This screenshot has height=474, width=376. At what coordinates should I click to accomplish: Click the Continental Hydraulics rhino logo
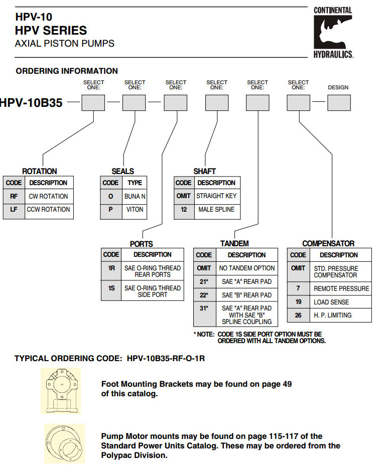[x=333, y=32]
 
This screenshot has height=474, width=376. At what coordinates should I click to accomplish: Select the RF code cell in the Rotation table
[x=14, y=196]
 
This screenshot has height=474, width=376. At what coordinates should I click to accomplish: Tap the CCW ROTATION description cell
[x=48, y=209]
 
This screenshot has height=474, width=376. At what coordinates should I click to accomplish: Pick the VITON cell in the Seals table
[x=135, y=210]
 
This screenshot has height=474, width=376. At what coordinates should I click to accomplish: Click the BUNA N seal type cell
[x=135, y=196]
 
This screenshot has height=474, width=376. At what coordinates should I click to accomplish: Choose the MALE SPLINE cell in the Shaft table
[x=216, y=209]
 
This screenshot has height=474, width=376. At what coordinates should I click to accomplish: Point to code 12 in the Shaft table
[x=184, y=209]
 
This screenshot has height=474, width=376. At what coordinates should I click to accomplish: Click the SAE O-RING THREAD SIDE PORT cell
[x=152, y=291]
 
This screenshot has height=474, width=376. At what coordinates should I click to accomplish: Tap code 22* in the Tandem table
[x=204, y=295]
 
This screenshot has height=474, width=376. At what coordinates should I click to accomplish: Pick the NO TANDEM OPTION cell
[x=246, y=268]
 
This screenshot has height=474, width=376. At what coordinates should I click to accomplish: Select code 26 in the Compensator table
[x=298, y=315]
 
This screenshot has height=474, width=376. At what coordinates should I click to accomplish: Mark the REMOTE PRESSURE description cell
[x=341, y=288]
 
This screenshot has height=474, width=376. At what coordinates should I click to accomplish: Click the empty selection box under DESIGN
[x=338, y=102]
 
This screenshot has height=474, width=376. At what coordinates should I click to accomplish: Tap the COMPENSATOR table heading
[x=328, y=243]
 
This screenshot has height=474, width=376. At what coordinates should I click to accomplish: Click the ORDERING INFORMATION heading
[x=67, y=71]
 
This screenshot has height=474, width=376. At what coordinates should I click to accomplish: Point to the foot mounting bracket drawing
[x=61, y=391]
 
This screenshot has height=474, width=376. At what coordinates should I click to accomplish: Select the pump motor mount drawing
[x=63, y=443]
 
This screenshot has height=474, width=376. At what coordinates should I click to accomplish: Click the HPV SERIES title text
[x=51, y=30]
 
